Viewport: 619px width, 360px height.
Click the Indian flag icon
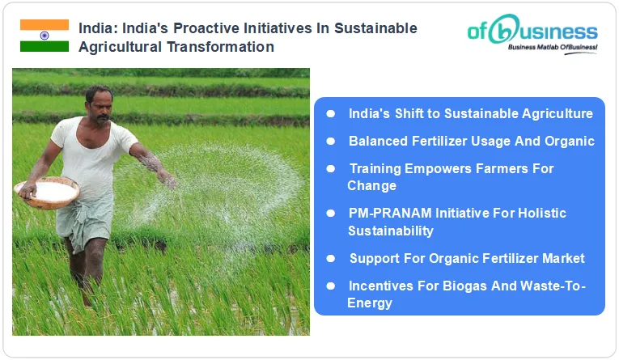coord(45,36)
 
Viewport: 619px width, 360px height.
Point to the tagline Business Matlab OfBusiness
coord(553,49)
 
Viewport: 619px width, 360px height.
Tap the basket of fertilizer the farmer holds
coord(48,193)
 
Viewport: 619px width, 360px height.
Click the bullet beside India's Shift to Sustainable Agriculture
coord(330,114)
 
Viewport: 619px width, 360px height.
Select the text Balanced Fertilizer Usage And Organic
coord(471,141)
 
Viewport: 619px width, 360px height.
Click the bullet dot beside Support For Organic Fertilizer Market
coord(330,258)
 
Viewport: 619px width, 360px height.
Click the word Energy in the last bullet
coord(370,303)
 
